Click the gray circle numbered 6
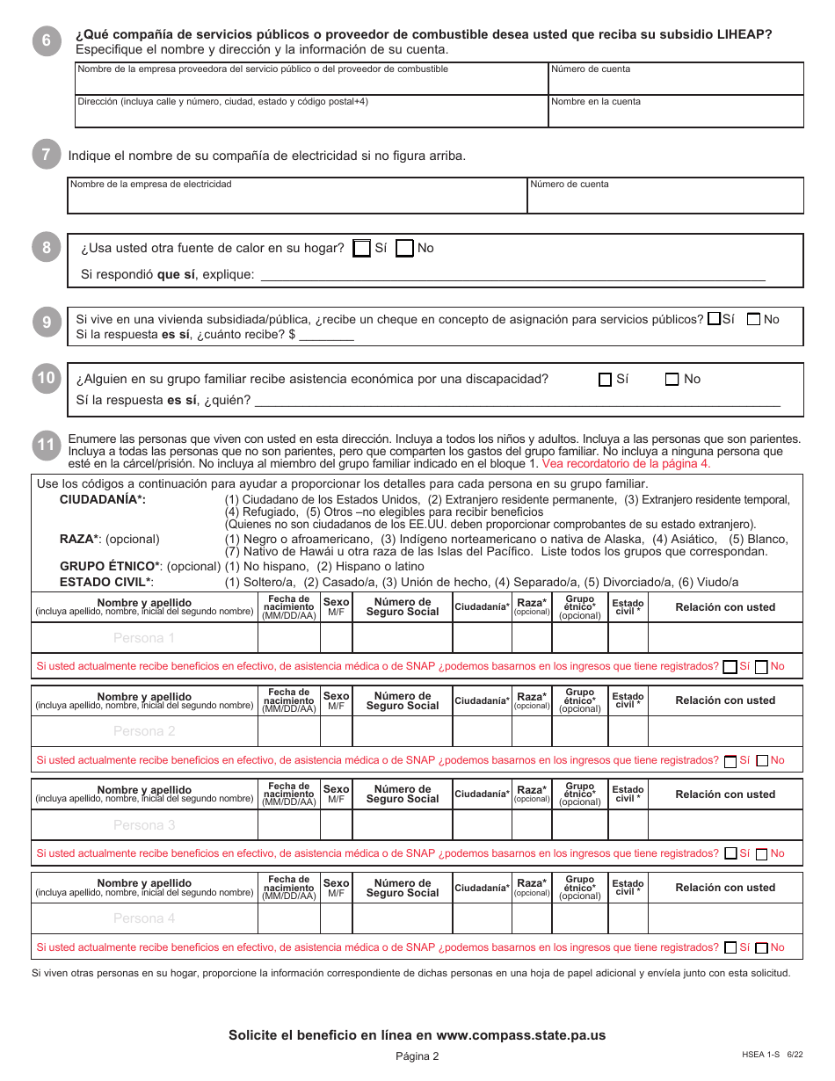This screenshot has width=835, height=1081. coord(47,40)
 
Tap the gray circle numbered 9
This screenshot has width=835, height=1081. coord(47,323)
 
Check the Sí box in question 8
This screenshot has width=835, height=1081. coord(361,249)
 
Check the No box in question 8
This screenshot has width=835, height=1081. coord(404,249)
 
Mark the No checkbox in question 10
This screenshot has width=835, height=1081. coord(672,380)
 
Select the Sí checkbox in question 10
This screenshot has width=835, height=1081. coord(605,380)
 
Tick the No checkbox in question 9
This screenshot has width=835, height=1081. coord(753,319)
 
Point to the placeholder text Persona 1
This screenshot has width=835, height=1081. coord(144,638)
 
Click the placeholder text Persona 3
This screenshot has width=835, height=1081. coord(144,825)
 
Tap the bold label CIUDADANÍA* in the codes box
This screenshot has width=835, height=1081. coord(103,499)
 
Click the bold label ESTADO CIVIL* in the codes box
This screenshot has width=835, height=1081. coord(106,582)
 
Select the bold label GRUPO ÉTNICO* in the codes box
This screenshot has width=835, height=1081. coord(113,567)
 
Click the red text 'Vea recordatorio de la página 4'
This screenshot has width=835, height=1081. coord(626,463)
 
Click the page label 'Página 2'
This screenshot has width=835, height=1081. coord(417,1056)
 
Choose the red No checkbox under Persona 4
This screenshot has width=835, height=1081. coord(762,948)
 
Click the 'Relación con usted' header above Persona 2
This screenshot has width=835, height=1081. coord(725,700)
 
